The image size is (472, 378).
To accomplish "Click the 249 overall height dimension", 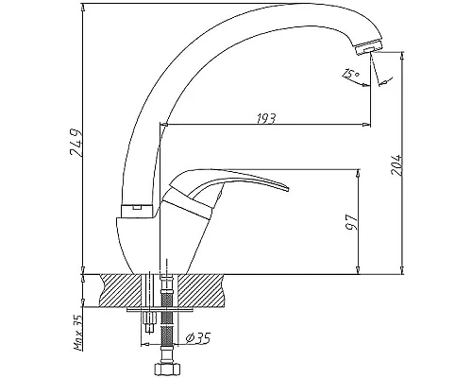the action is point(76,142).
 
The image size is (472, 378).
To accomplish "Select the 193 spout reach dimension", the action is point(266,118).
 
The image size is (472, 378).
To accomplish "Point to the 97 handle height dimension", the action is point(352,222).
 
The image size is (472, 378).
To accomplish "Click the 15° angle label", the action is point(351,74).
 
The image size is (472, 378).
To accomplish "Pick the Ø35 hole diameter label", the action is point(197,338).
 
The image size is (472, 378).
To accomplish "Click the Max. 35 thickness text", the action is point(77,333).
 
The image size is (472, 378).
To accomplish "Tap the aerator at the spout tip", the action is point(368,47).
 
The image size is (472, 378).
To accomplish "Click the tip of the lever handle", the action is point(288,189).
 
